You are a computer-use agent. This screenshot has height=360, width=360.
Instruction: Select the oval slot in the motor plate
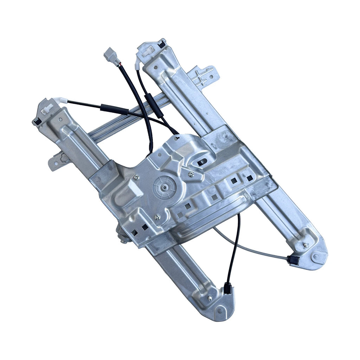(202, 162)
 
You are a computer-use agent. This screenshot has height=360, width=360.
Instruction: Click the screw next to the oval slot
(191, 174)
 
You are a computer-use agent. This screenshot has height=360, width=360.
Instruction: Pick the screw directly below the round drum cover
(157, 217)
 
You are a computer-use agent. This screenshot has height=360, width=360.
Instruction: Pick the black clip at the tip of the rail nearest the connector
(162, 44)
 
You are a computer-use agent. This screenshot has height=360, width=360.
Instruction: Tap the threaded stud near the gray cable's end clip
(306, 245)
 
